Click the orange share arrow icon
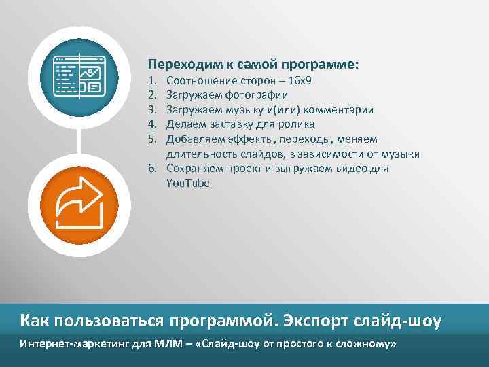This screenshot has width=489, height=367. point(80,205)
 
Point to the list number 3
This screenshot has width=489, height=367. point(153,110)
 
